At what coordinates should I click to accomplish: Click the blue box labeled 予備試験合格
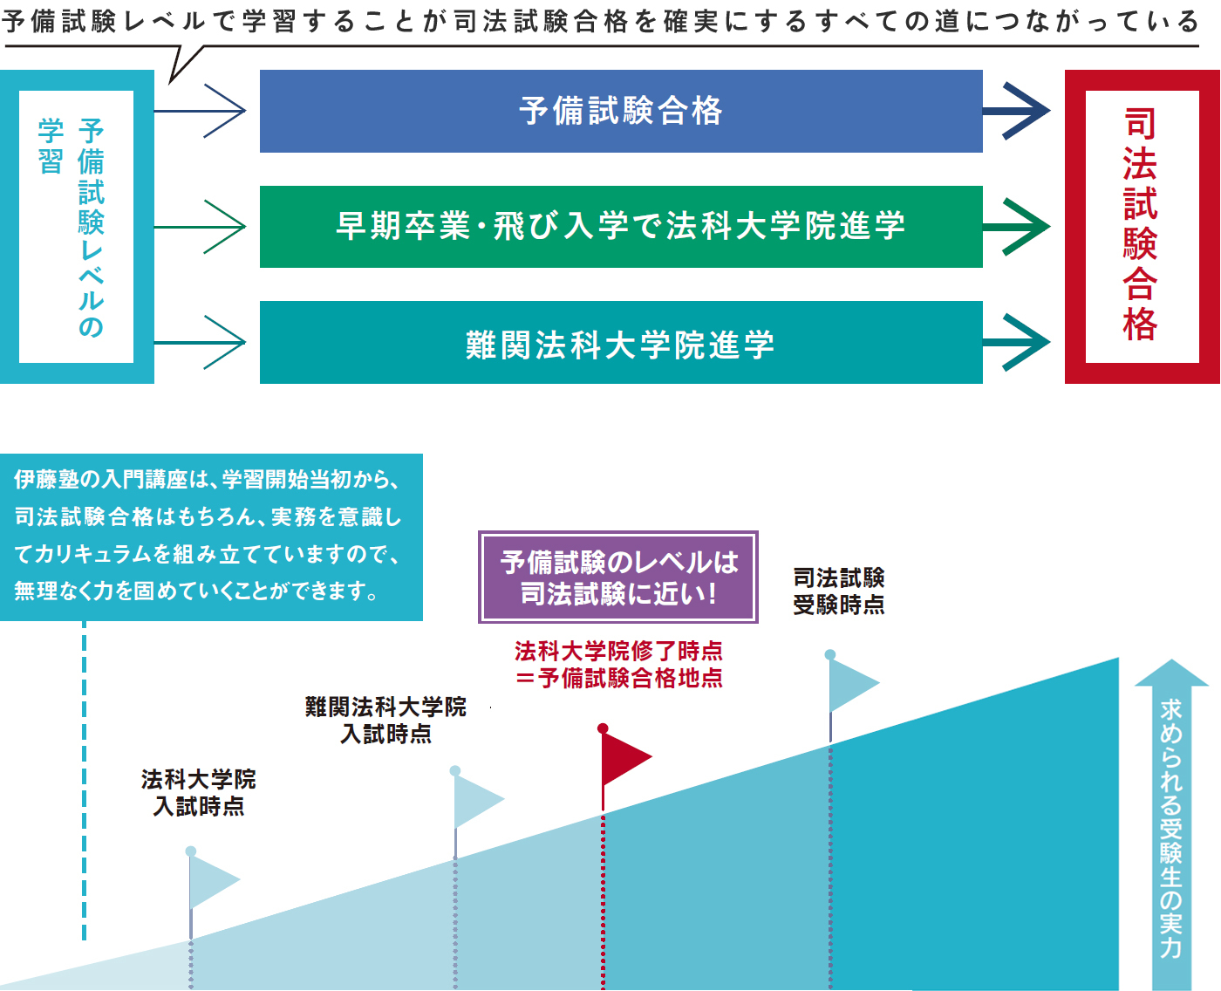point(621,111)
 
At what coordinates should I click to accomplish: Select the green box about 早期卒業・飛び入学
point(621,227)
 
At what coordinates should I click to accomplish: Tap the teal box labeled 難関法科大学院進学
point(621,343)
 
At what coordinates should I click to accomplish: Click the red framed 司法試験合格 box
point(1141,226)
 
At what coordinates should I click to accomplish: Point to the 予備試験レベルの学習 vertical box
point(77,227)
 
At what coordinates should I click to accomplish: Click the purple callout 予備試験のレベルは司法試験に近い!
point(618,578)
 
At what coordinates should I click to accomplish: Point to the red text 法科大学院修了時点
point(618,651)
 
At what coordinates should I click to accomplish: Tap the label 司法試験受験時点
point(838,591)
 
